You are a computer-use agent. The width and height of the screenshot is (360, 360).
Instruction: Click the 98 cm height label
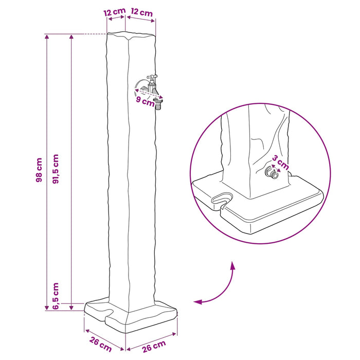(x=39, y=170)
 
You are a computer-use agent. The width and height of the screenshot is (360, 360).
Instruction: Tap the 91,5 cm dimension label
(x=56, y=169)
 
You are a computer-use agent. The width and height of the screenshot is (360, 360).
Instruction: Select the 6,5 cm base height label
(x=56, y=296)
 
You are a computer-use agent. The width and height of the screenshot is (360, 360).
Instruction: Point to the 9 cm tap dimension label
(x=145, y=101)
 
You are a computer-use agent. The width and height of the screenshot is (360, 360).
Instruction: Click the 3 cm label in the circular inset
(x=280, y=163)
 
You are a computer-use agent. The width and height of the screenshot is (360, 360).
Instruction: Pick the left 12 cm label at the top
(x=114, y=12)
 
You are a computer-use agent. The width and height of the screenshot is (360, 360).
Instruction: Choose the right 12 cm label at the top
(x=141, y=12)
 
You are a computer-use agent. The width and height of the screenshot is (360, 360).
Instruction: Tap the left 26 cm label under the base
(x=100, y=345)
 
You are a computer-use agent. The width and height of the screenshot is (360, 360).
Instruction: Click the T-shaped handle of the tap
(x=152, y=77)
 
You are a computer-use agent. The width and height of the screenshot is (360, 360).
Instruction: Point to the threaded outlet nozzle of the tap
(x=158, y=103)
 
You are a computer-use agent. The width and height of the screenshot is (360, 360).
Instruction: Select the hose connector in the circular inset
(x=271, y=172)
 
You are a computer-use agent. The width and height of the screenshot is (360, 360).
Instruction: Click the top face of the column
(x=131, y=34)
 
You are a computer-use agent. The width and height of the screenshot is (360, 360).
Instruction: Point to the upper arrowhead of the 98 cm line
(x=47, y=37)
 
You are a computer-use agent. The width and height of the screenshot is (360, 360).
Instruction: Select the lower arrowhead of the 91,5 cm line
(x=71, y=307)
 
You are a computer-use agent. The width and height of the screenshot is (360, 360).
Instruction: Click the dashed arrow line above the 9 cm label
(x=149, y=94)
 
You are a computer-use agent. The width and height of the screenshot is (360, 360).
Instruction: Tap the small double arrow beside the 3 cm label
(x=276, y=168)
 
